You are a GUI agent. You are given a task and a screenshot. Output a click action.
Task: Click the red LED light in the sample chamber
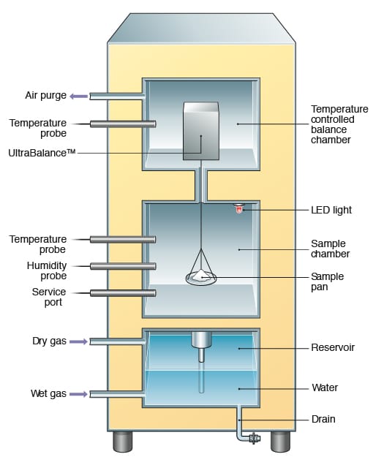coord(238,210)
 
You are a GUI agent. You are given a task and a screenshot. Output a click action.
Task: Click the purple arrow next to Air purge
coord(79,95)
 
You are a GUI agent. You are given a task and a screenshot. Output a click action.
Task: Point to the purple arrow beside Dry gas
coord(79,341)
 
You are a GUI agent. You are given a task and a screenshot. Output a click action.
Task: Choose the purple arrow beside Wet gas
coord(79,394)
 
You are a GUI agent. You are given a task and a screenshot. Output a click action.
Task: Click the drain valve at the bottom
coord(254,439)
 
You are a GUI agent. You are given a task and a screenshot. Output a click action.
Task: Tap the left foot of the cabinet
coord(122,441)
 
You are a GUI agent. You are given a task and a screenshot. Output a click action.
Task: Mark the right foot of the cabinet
coord(281,441)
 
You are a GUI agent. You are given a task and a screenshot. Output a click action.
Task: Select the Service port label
coord(48,297)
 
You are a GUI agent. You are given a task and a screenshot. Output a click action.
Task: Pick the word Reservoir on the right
coord(333,347)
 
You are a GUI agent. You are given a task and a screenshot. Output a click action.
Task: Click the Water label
coord(325,387)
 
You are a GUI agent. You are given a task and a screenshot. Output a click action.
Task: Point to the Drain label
coord(324,420)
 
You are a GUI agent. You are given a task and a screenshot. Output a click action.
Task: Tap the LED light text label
coord(331,210)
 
